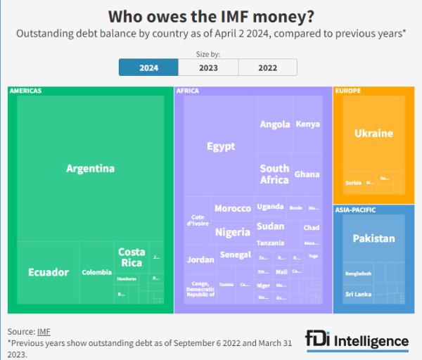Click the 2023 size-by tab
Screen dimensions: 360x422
click(x=208, y=67)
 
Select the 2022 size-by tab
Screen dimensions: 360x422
click(x=268, y=67)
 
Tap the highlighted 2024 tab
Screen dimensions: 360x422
click(x=148, y=67)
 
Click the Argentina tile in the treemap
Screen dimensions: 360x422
click(x=90, y=169)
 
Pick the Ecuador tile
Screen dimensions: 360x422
click(x=49, y=272)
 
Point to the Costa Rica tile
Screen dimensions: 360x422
click(x=132, y=257)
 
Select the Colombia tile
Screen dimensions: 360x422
click(x=96, y=272)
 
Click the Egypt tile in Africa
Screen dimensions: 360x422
click(x=221, y=146)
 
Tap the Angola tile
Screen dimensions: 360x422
click(x=275, y=124)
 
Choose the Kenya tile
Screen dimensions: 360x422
click(x=307, y=124)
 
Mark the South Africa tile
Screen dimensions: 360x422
click(x=274, y=174)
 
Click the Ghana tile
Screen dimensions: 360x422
click(x=307, y=174)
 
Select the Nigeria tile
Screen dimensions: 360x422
click(x=232, y=232)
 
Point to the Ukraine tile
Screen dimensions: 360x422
click(x=373, y=134)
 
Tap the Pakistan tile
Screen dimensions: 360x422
click(x=373, y=238)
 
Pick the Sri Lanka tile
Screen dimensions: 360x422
click(x=358, y=294)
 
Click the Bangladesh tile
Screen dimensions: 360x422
click(x=358, y=274)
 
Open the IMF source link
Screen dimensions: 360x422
click(x=44, y=331)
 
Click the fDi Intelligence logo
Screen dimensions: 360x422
click(x=357, y=341)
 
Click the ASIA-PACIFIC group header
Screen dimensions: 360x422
click(x=355, y=210)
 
